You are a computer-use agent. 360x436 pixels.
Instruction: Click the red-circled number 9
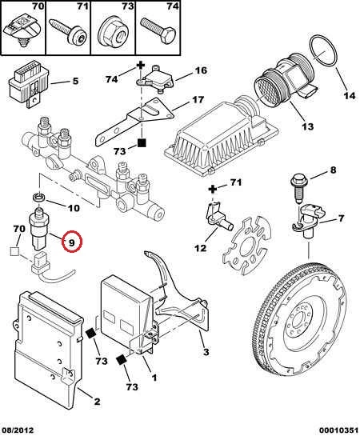click(x=72, y=242)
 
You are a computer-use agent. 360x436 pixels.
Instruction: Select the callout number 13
click(x=308, y=126)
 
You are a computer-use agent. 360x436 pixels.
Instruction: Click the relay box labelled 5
click(x=29, y=84)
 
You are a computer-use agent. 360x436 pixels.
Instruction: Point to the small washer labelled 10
click(x=39, y=198)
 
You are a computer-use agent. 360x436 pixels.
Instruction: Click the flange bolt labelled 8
click(x=298, y=187)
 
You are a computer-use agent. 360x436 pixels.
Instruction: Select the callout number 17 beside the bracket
click(x=198, y=99)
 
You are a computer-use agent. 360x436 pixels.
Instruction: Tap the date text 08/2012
click(x=18, y=430)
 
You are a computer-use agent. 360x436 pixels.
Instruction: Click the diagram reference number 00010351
click(x=338, y=430)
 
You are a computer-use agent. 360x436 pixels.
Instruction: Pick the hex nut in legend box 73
click(x=113, y=34)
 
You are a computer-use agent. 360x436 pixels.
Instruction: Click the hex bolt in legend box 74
click(x=158, y=30)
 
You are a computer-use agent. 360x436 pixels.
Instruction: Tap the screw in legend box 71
click(x=67, y=32)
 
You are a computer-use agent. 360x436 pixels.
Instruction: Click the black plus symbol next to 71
click(x=212, y=190)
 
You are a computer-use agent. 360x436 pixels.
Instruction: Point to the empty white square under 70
click(x=14, y=251)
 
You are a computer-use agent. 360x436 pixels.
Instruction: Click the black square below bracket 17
click(x=142, y=143)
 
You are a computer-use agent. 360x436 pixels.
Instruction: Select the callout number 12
click(x=201, y=247)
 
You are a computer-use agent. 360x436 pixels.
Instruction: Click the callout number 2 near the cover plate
click(x=97, y=402)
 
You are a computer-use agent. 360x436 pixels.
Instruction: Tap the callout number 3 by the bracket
click(x=206, y=352)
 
